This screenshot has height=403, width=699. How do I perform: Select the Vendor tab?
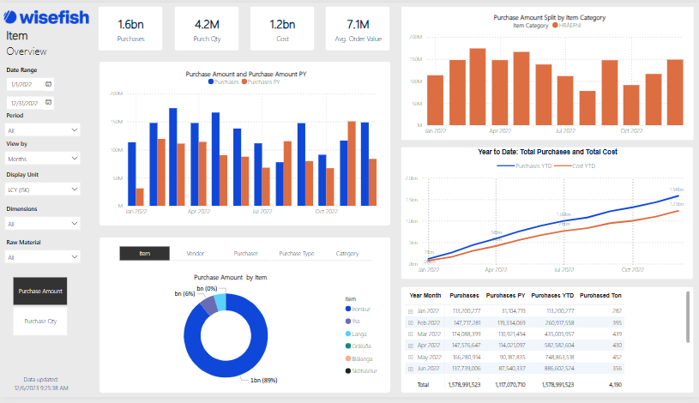(x=194, y=254)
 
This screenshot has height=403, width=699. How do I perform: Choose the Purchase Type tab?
(x=296, y=254)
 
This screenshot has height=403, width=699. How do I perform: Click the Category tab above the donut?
(x=347, y=254)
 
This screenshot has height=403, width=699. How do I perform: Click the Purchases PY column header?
(x=505, y=295)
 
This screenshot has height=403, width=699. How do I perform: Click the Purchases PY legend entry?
(x=265, y=81)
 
